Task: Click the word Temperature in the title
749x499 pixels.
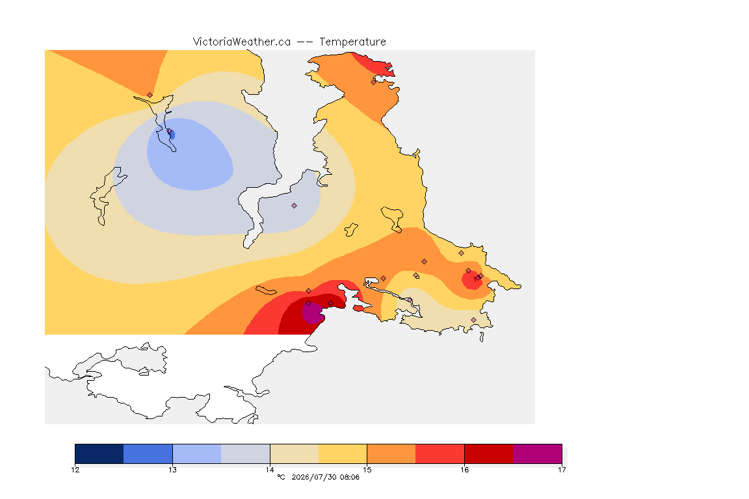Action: [352, 42]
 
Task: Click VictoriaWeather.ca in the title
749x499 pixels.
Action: [242, 42]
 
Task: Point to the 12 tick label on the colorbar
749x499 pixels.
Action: [75, 470]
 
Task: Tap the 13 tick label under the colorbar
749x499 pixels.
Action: [172, 470]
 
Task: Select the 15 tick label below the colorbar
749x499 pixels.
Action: [367, 470]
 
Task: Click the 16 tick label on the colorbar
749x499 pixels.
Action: [464, 470]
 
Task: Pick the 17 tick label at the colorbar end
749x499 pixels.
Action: [562, 470]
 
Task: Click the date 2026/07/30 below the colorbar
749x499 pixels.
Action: [313, 477]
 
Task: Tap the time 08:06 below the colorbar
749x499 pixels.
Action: [350, 477]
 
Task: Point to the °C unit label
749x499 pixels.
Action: [282, 477]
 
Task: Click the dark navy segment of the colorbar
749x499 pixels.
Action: [99, 454]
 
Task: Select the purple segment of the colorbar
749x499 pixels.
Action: [538, 454]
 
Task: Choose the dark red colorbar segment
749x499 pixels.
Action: [489, 454]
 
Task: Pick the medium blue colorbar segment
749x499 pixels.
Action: [148, 454]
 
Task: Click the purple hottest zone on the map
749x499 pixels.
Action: [313, 313]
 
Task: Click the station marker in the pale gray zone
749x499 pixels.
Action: [295, 206]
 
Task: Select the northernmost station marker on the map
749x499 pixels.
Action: [374, 82]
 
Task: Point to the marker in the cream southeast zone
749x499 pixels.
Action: [473, 320]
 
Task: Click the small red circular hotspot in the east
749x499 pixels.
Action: [472, 279]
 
